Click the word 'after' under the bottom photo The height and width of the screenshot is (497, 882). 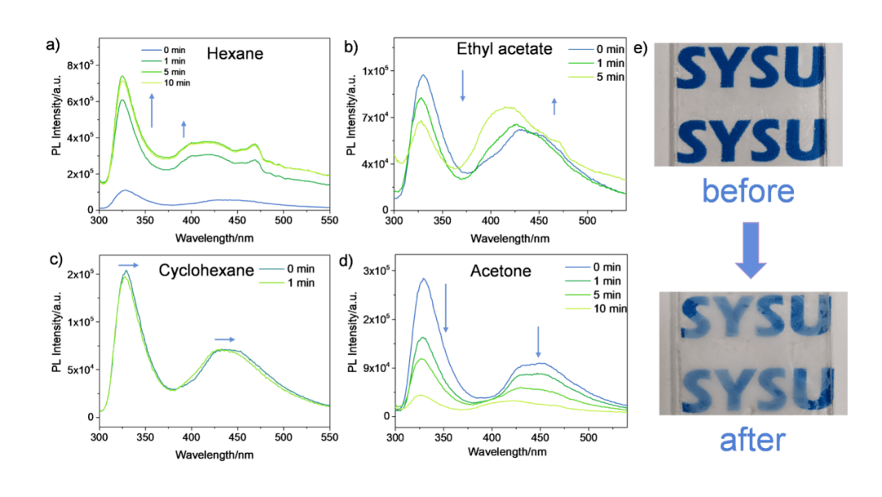click(751, 441)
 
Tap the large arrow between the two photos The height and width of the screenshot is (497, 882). click(751, 252)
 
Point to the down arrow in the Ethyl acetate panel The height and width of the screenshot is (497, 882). click(462, 85)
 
